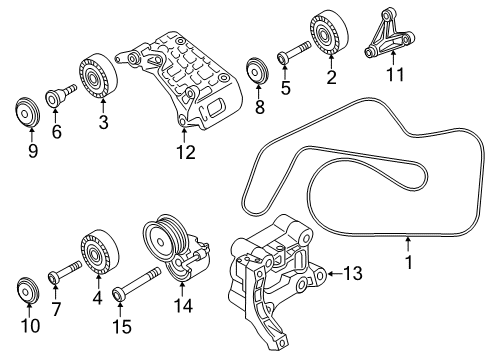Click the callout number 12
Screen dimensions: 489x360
[186, 152]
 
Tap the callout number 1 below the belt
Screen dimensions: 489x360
[409, 262]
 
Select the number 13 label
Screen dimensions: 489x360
[353, 273]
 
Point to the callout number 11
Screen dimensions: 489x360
[395, 74]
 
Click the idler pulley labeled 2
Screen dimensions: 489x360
[329, 32]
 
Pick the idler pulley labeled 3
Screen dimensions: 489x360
[98, 76]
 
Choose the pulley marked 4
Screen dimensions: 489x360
[100, 252]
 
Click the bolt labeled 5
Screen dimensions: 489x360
[294, 51]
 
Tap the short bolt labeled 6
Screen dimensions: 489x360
[60, 94]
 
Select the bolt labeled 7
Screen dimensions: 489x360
[65, 271]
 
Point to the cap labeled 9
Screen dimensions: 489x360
[28, 112]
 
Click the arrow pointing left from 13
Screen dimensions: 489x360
[335, 274]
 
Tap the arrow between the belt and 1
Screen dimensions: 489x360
[407, 244]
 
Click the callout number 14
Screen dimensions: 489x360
[183, 306]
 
